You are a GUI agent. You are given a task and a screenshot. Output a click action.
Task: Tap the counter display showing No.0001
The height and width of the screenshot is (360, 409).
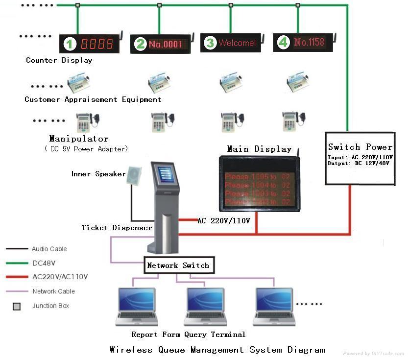(160, 44)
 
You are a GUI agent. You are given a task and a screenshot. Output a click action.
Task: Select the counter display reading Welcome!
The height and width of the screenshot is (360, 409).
(231, 43)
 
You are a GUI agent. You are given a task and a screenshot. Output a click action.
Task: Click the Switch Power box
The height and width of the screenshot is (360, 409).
(360, 158)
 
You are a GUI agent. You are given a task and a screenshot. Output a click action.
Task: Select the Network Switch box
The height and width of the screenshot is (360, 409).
(178, 265)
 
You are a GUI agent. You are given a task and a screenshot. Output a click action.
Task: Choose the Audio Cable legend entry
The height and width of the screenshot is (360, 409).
(49, 249)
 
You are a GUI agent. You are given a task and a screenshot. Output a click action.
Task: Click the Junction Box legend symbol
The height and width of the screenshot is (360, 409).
(17, 307)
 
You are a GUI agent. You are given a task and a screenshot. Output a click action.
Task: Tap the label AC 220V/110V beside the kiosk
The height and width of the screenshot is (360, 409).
(223, 221)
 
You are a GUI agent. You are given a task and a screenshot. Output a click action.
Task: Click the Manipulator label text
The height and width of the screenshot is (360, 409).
(78, 139)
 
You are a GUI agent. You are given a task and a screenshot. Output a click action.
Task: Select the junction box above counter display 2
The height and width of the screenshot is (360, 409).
(159, 6)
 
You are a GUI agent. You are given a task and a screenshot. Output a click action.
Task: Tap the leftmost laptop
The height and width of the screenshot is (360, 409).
(137, 307)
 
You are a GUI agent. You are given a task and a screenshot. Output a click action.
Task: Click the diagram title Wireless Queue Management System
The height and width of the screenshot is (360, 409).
(217, 350)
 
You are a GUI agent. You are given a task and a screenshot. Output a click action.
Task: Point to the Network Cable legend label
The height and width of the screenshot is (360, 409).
(53, 291)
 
